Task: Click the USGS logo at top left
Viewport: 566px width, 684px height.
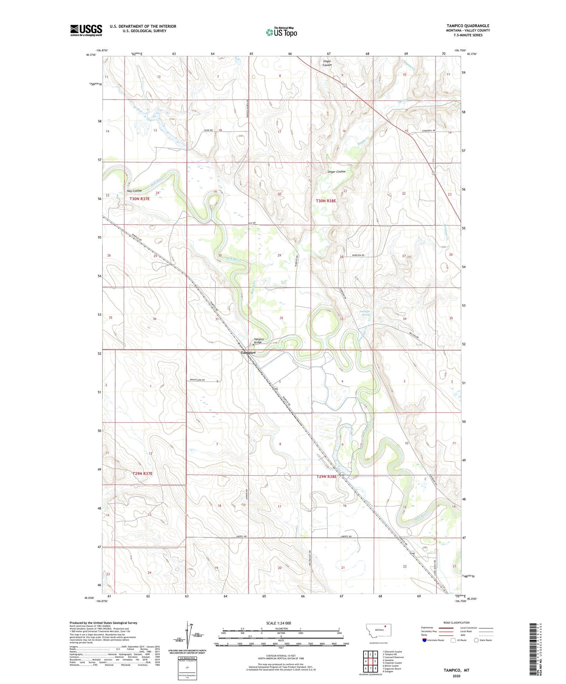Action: (x=86, y=30)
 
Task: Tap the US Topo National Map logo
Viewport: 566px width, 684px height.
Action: (x=281, y=32)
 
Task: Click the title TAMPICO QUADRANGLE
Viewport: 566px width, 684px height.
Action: (x=468, y=26)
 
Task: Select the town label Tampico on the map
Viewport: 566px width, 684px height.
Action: (x=248, y=352)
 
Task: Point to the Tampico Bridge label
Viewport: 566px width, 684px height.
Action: (x=259, y=341)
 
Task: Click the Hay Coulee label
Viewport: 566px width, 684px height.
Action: (x=134, y=191)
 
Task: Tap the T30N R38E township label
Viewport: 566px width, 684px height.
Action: (x=326, y=201)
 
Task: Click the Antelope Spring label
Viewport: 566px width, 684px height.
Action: (x=365, y=313)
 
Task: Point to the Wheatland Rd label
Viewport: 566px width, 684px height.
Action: (x=203, y=380)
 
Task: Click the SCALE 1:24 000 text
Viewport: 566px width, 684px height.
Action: (x=278, y=623)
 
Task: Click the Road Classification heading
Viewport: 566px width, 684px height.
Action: (x=456, y=622)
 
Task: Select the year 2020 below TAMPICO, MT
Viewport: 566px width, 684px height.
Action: (x=456, y=676)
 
